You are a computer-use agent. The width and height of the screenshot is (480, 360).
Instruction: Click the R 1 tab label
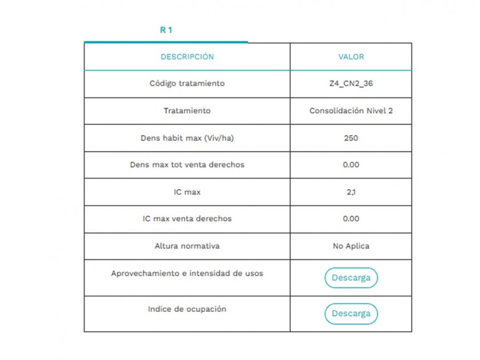point(166,30)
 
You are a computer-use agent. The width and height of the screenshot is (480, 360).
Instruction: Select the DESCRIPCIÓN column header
point(187,57)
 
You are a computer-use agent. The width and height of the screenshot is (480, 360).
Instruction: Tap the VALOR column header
point(351,57)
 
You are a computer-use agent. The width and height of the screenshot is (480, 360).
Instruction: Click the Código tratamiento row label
point(187,83)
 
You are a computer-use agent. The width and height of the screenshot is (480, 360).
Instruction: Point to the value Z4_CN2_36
point(351,83)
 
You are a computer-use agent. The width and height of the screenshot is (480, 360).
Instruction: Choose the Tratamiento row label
point(187,111)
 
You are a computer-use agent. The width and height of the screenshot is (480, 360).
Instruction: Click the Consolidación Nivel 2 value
point(351,111)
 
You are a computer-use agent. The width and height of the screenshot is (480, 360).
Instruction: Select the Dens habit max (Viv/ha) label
point(187,138)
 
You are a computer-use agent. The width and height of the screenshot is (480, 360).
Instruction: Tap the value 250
point(351,138)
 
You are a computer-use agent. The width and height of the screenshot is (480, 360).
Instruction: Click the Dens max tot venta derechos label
point(187,165)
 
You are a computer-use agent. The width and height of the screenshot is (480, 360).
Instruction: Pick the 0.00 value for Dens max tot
point(351,165)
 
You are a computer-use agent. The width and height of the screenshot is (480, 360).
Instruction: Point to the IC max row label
point(187,192)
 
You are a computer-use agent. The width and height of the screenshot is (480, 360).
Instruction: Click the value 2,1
point(351,192)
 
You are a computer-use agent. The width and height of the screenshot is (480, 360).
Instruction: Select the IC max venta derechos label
point(187,219)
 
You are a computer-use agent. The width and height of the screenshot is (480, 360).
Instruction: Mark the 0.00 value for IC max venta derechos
point(351,219)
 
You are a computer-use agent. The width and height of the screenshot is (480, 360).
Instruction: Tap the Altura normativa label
point(187,246)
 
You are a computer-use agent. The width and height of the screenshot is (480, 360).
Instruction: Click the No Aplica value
point(351,246)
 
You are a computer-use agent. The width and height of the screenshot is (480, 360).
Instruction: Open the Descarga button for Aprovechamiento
point(351,278)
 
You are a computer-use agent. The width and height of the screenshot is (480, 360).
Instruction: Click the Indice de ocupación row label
point(187,309)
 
